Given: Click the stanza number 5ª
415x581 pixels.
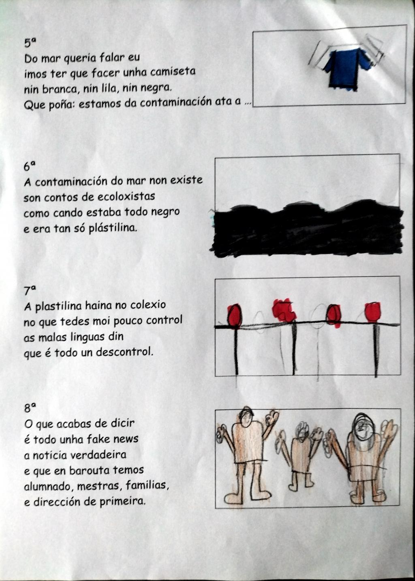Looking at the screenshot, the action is click(29, 43).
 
